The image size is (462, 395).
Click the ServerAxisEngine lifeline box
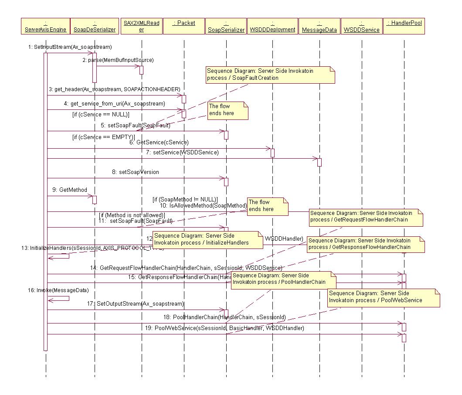pos(46,26)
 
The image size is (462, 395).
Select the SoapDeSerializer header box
pos(95,26)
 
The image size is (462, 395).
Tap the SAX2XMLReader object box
pos(141,26)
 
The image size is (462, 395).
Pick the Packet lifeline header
pos(184,26)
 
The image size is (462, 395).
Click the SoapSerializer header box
pos(226,26)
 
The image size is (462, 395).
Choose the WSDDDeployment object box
pos(272,26)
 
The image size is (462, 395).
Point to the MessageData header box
pos(319,26)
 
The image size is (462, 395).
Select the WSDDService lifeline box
pos(361,26)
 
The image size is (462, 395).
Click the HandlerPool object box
pos(404,26)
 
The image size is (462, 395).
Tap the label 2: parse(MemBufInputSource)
pos(118,60)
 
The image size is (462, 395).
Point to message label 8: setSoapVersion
pos(136,172)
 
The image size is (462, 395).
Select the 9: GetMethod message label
pos(70,190)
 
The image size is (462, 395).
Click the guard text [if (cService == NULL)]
pos(101,114)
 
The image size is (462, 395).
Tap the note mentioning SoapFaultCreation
pos(270,74)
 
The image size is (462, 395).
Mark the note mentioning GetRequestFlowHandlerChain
pos(366,216)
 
